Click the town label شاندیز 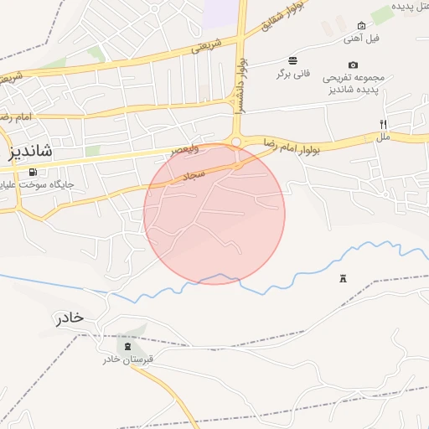[31, 151]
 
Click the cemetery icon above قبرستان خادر [127, 346]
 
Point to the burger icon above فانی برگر [292, 60]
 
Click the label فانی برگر [292, 73]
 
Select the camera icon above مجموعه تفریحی [353, 65]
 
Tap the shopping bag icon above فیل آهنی [361, 26]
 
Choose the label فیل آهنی [362, 39]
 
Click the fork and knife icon [383, 124]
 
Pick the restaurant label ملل [383, 136]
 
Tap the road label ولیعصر [186, 149]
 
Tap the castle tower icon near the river [343, 278]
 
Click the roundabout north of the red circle [236, 142]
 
